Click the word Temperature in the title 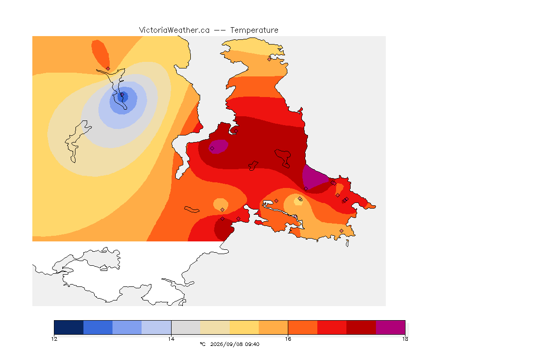pos(254,30)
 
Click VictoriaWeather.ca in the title pos(174,30)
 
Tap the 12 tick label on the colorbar pos(54,339)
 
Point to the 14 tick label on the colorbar pos(171,339)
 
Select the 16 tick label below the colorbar pos(288,339)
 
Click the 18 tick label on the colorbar pos(405,339)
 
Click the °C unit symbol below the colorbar pos(202,344)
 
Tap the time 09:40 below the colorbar pos(253,344)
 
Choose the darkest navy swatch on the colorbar pos(69,327)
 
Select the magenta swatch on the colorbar pos(390,327)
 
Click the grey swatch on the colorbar pos(186,327)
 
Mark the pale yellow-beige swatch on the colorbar pos(215,327)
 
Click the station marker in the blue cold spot pos(122,94)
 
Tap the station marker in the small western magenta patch pos(212,149)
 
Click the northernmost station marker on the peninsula pos(270,59)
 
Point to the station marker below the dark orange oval pos(108,68)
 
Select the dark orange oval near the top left pos(100,54)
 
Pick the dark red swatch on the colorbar pos(361,327)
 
